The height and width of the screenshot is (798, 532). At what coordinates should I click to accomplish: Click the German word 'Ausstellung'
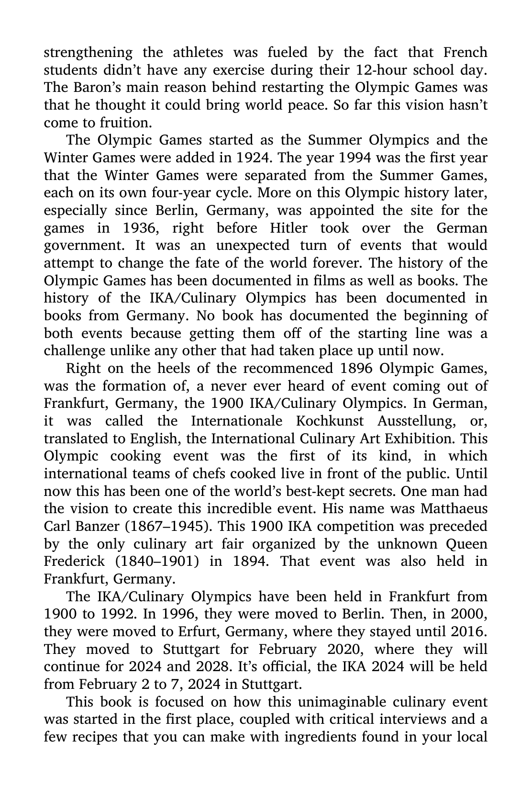(x=414, y=421)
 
